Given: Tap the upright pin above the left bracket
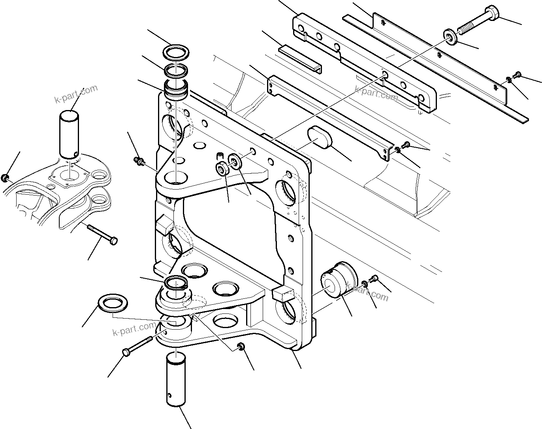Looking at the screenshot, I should [70, 134].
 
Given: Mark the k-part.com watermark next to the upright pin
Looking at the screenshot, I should [76, 94].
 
